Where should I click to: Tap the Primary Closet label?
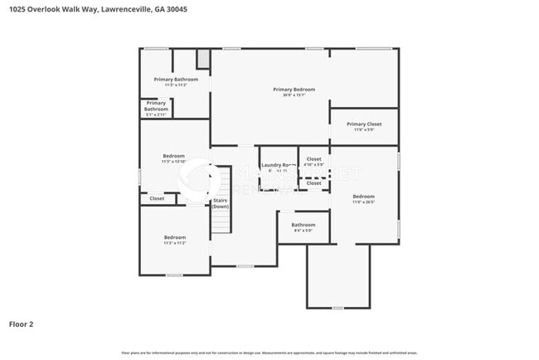[364, 124]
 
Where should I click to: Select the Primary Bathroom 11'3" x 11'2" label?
[175, 80]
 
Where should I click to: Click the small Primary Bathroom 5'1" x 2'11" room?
[156, 107]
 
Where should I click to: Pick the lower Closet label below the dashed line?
[313, 182]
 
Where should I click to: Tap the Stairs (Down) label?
[221, 202]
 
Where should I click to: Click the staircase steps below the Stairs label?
[220, 223]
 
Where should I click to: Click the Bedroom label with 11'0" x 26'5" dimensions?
[364, 198]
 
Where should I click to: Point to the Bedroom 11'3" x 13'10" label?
[173, 157]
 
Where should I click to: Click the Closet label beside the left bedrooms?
[157, 198]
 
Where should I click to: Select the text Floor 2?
[22, 324]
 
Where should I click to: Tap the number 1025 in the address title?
[18, 9]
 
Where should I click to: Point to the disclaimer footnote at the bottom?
[269, 352]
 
